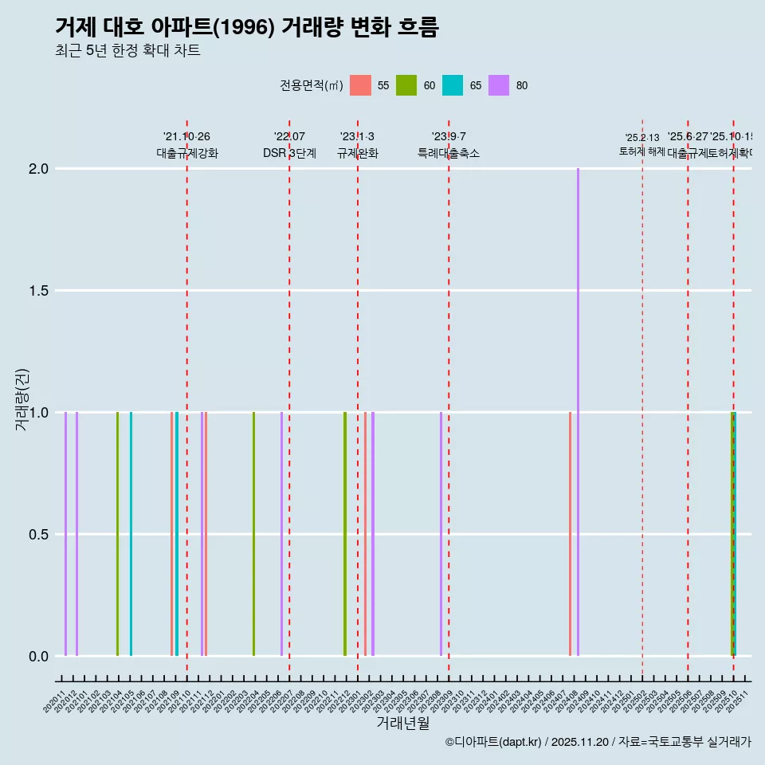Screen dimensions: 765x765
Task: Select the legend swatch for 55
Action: pos(361,85)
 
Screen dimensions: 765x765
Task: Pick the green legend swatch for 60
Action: pos(406,85)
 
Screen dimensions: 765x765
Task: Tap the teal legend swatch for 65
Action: pos(453,85)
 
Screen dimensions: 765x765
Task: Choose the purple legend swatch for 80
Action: pos(499,85)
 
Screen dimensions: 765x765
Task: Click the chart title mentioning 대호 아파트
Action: pos(247,26)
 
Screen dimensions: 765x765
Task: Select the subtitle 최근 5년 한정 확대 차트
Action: pos(127,51)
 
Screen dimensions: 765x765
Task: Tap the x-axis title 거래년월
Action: pos(402,723)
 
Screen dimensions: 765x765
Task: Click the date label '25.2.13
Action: pos(641,138)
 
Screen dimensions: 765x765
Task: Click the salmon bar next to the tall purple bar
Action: pos(570,534)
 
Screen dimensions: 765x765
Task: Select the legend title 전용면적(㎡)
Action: pos(311,85)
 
